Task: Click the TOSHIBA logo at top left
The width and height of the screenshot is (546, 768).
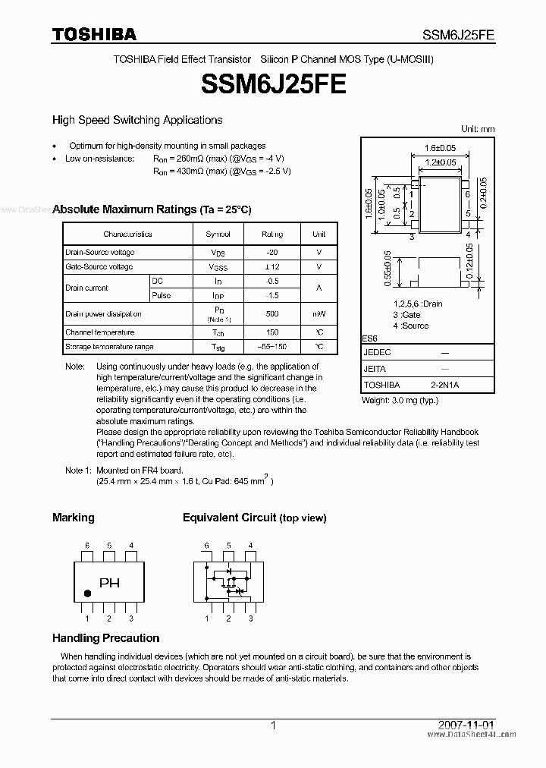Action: click(x=94, y=34)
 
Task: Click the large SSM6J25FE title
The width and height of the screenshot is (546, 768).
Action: click(x=274, y=83)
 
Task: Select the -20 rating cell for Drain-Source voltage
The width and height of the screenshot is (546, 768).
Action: click(x=272, y=253)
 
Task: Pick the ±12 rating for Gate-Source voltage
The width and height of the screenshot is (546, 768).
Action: click(x=272, y=267)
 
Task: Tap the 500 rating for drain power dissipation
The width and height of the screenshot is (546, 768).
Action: click(x=272, y=313)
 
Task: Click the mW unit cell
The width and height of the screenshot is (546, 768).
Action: click(x=319, y=313)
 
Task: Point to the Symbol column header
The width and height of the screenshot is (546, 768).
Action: click(x=218, y=234)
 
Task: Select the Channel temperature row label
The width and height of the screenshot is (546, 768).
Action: click(x=99, y=332)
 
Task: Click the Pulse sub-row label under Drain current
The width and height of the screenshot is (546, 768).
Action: click(x=161, y=295)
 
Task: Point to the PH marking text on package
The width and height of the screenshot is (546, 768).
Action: click(x=110, y=584)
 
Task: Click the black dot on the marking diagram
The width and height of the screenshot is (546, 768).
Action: click(x=86, y=593)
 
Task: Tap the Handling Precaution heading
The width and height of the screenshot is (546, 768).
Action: click(x=105, y=638)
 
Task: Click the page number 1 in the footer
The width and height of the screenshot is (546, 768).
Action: click(x=273, y=726)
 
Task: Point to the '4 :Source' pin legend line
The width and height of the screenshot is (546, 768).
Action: click(x=410, y=326)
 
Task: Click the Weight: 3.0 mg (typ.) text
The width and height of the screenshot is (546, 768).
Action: click(x=400, y=400)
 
